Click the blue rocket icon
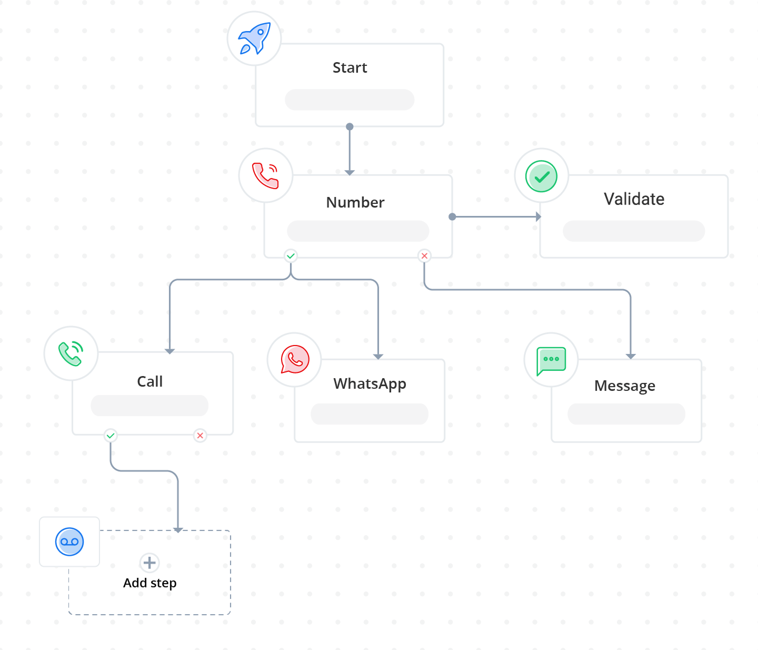(x=254, y=38)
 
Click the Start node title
(x=350, y=68)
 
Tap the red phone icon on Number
(x=265, y=175)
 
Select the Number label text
(x=355, y=203)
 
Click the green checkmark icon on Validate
(x=541, y=176)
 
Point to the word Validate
(x=634, y=199)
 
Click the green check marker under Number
(x=291, y=256)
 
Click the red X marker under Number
(x=424, y=256)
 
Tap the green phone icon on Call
(x=71, y=353)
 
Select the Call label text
(x=150, y=382)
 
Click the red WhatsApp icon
(x=295, y=359)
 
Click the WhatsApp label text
(x=370, y=384)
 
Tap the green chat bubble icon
(x=551, y=360)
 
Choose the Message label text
(x=625, y=386)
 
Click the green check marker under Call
(x=111, y=436)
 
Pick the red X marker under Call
(x=200, y=436)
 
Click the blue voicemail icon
(x=69, y=541)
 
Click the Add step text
(x=150, y=583)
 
